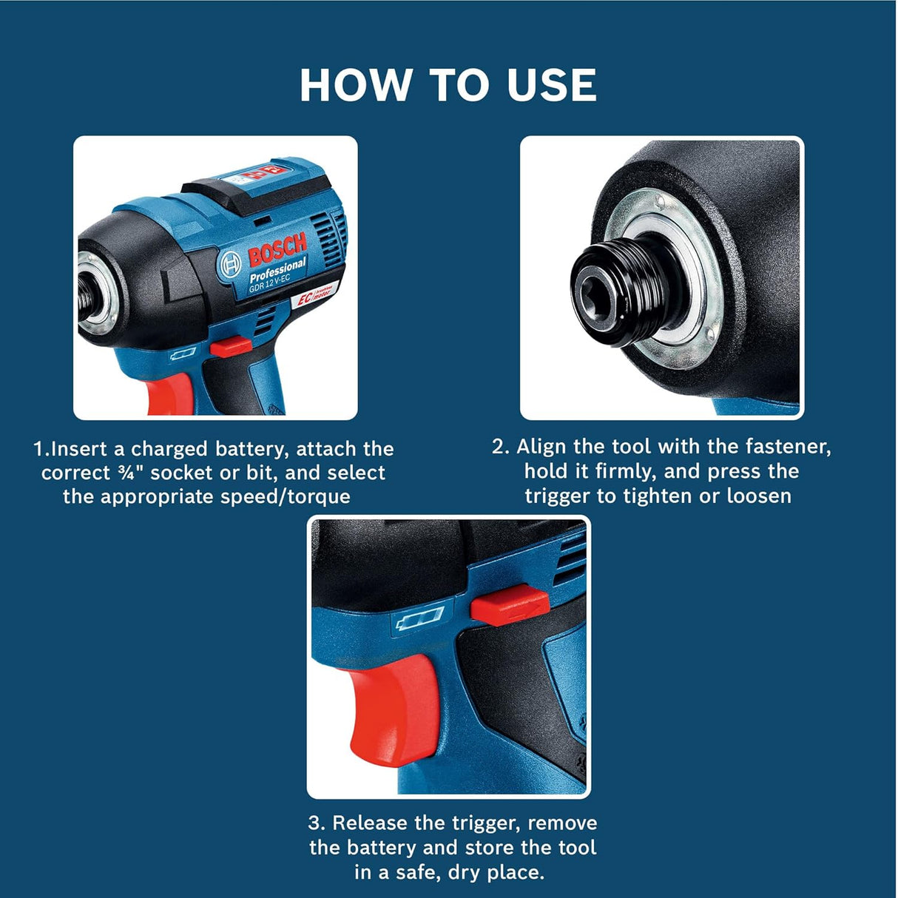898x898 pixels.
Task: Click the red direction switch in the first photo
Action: click(x=229, y=345)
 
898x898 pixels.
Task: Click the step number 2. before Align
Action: click(x=501, y=447)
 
